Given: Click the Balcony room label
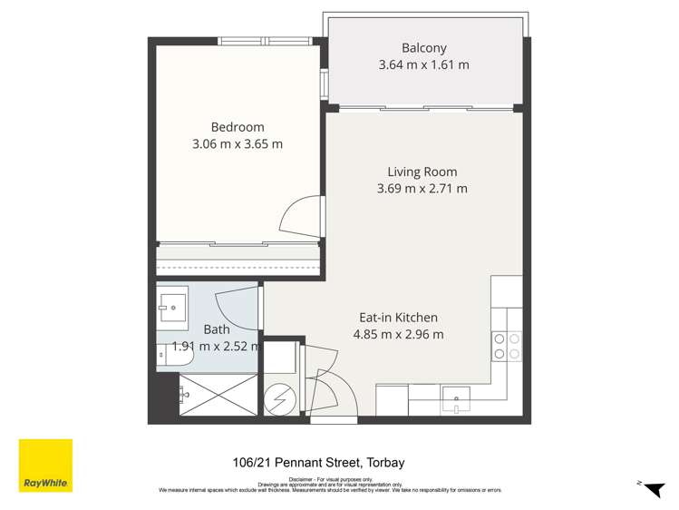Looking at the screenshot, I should pyautogui.click(x=424, y=48).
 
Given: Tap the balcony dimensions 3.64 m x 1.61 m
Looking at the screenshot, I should pyautogui.click(x=424, y=65).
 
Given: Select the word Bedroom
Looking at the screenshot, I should pyautogui.click(x=238, y=127).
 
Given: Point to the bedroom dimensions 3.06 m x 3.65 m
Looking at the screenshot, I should pyautogui.click(x=238, y=143).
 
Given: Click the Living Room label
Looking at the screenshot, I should pyautogui.click(x=422, y=172).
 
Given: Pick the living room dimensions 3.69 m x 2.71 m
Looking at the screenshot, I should pyautogui.click(x=422, y=189).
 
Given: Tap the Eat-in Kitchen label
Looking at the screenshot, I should pyautogui.click(x=398, y=318).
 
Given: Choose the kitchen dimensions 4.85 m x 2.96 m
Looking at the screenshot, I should pyautogui.click(x=398, y=334).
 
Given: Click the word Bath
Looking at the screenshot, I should pyautogui.click(x=216, y=329).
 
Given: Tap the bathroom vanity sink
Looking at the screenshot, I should pyautogui.click(x=170, y=307).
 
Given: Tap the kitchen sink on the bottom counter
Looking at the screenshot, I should pyautogui.click(x=456, y=395).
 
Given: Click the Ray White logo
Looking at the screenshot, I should pyautogui.click(x=45, y=466).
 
